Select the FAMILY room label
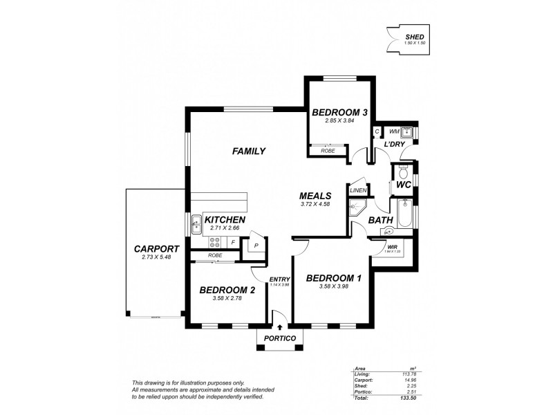point(249,151)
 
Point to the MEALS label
point(316,196)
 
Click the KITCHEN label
point(225,219)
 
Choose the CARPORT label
point(157,249)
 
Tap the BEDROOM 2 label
point(227,290)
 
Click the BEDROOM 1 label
point(335,278)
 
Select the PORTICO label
point(280,338)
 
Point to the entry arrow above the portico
point(280,327)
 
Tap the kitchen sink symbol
point(196,223)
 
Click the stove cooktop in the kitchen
point(216,242)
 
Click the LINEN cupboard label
point(357,191)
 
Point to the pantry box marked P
point(255,245)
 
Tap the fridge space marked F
point(233,243)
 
